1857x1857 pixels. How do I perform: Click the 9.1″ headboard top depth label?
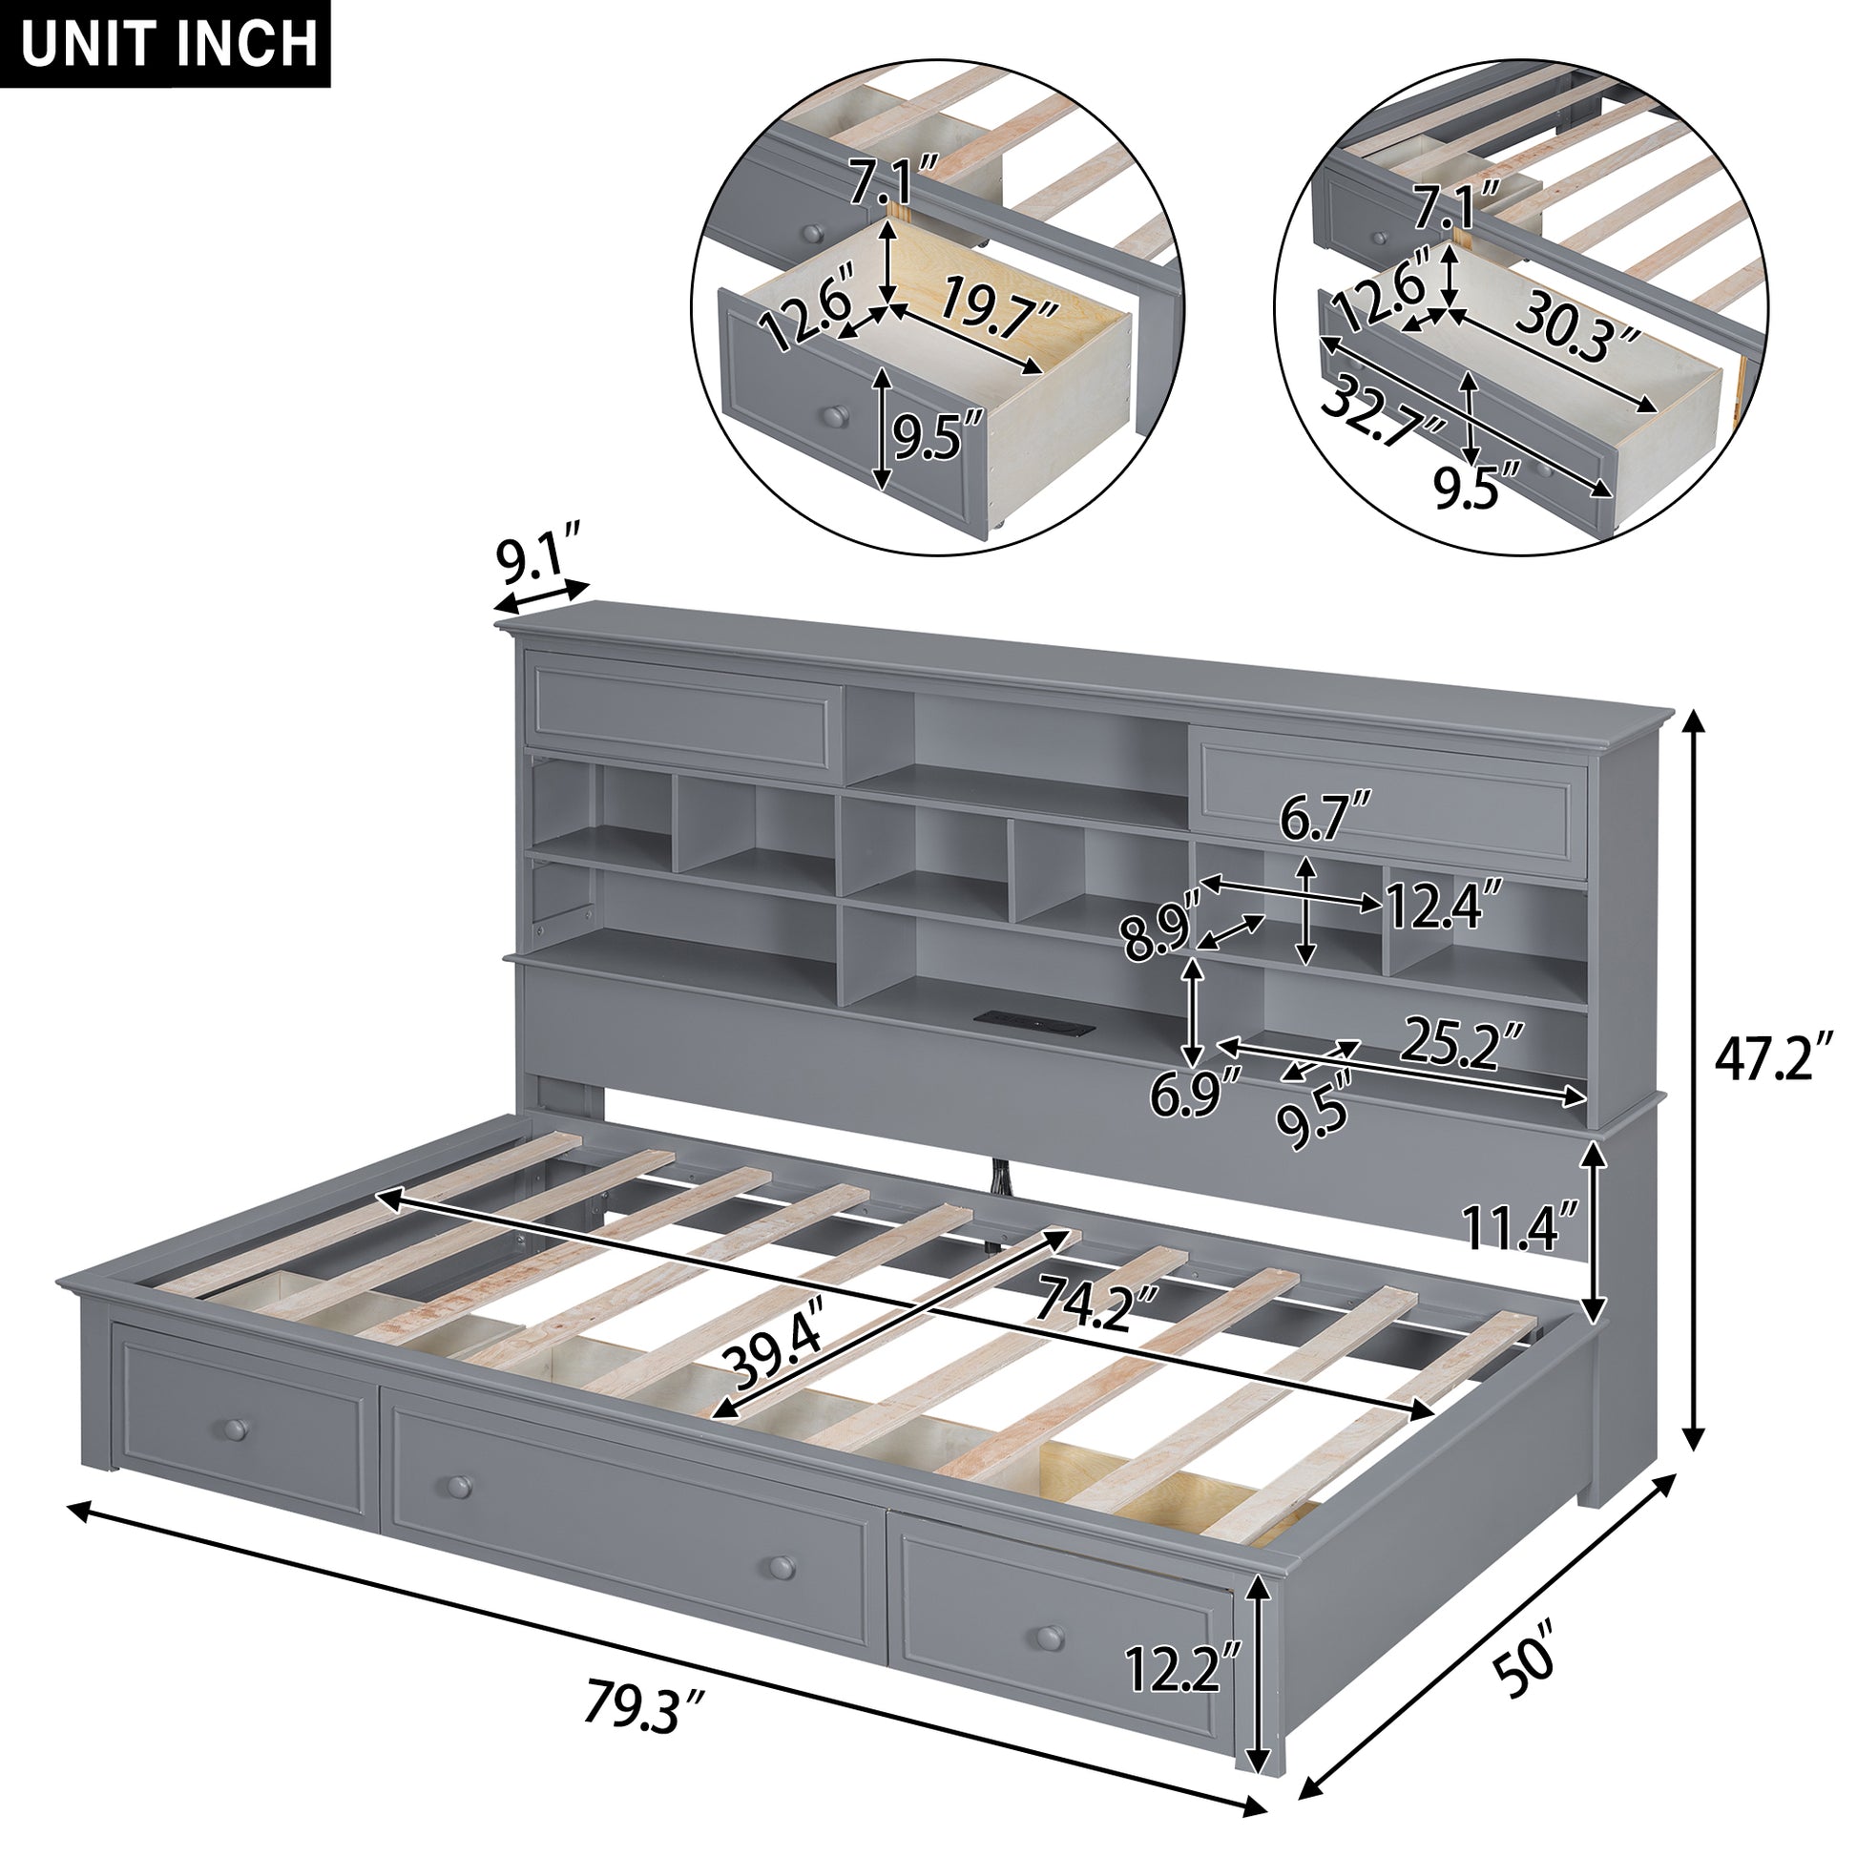(538, 557)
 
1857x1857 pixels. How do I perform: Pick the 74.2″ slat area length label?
(1095, 1303)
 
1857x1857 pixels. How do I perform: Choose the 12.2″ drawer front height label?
(1182, 1668)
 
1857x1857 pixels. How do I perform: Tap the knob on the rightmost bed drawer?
(1051, 1636)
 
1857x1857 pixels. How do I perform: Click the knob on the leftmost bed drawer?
(235, 1429)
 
